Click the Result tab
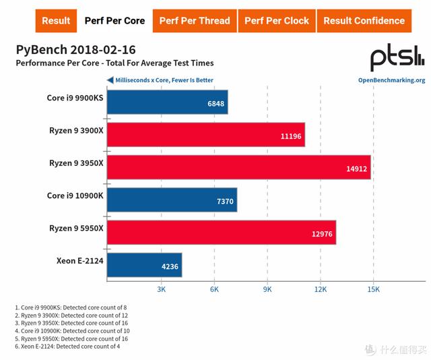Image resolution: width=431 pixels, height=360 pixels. point(56,21)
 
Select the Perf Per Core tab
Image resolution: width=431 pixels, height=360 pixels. point(114,21)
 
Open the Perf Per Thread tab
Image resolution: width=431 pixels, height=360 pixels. point(195,21)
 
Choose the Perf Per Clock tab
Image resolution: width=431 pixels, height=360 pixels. point(277,21)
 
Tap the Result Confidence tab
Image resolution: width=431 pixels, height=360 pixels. point(364,21)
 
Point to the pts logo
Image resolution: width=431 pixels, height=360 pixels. point(397,59)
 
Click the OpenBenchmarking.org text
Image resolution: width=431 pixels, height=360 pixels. point(391,80)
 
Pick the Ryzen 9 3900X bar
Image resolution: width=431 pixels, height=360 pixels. point(205,135)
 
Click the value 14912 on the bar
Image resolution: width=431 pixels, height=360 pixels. point(356,169)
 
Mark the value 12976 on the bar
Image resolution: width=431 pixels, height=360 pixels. point(321,234)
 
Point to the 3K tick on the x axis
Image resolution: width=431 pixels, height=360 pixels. point(162,289)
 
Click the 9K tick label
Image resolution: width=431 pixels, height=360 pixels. point(267,289)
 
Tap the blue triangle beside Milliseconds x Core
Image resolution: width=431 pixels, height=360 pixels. point(110,80)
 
